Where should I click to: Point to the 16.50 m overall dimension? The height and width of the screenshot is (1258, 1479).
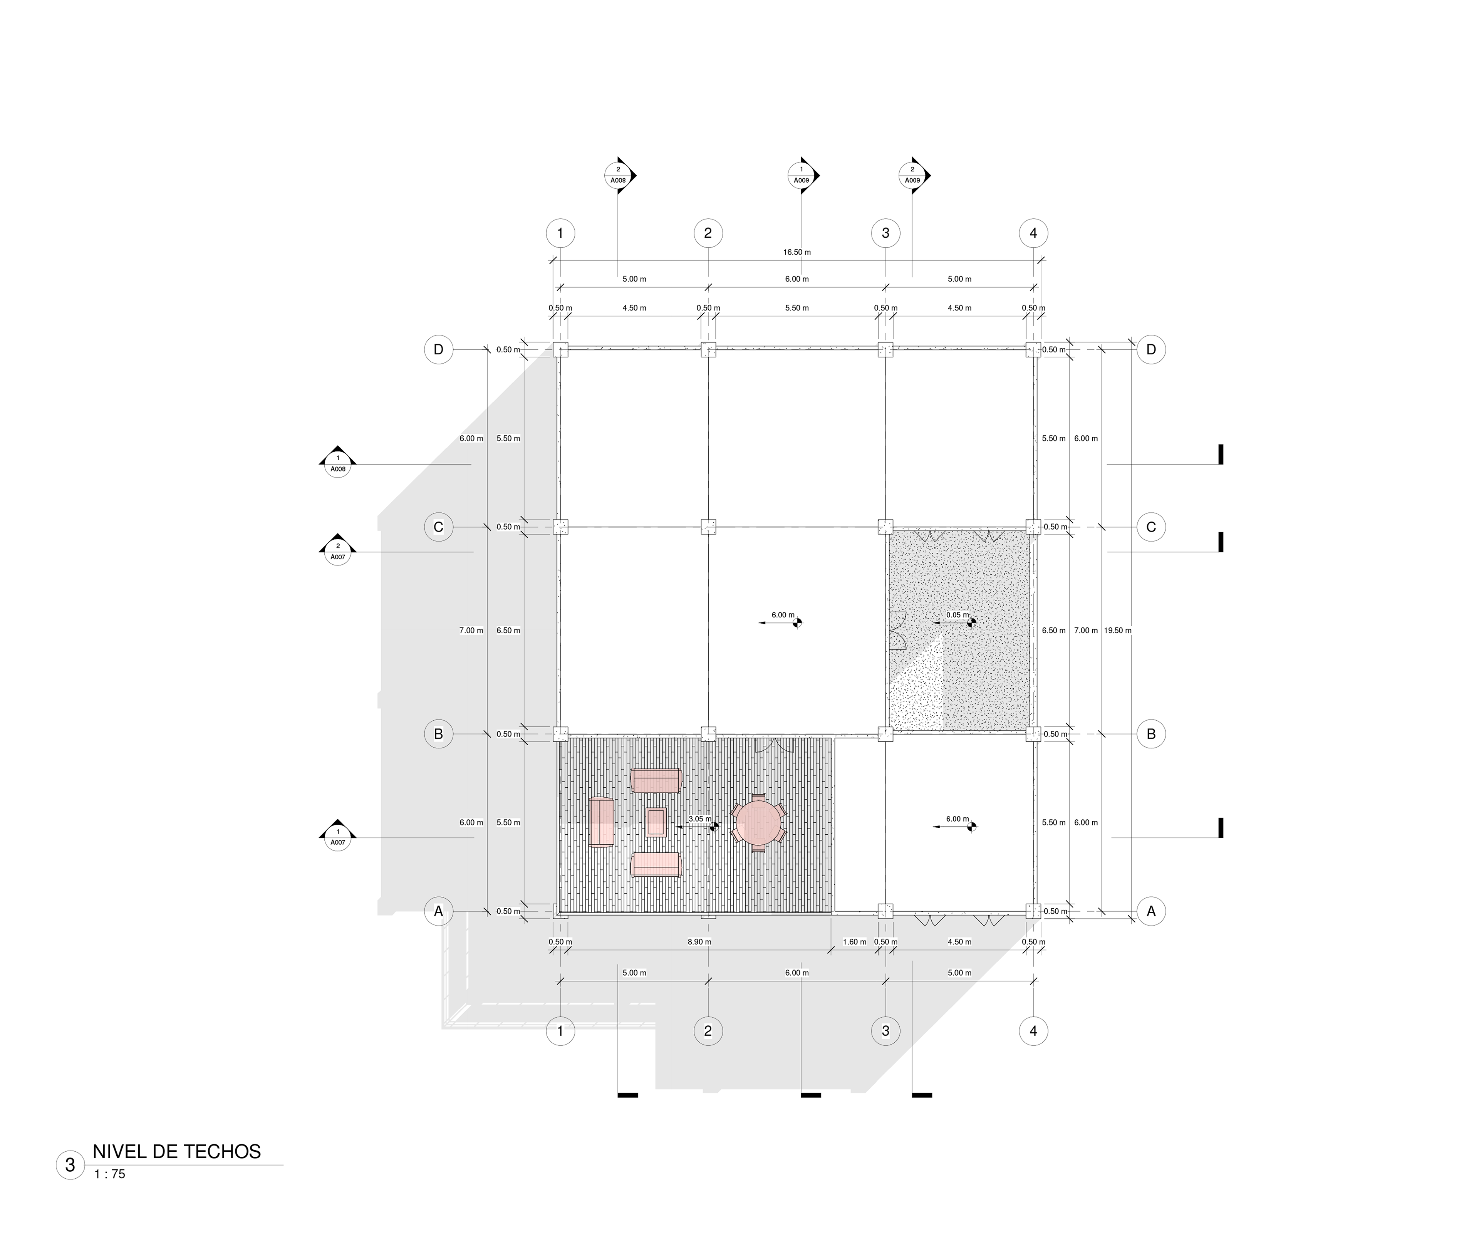tap(797, 252)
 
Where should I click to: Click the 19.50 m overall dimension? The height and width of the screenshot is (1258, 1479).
tap(1117, 631)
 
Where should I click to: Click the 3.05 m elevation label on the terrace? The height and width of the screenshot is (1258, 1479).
tap(699, 819)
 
